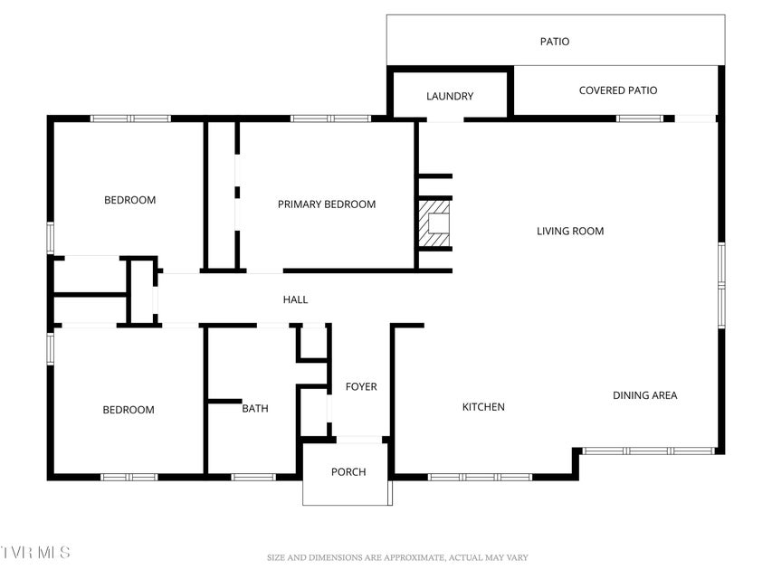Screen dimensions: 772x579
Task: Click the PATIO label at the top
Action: (x=555, y=42)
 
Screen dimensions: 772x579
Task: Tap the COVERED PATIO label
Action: (x=618, y=90)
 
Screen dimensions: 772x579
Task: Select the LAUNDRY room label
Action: (x=450, y=96)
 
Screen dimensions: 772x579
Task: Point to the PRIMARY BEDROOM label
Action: (x=327, y=204)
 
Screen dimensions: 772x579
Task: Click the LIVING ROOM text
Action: (x=570, y=231)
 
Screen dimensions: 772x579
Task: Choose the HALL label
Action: (x=295, y=299)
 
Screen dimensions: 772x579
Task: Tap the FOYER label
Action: (x=361, y=386)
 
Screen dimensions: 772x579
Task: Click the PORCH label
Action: (x=348, y=471)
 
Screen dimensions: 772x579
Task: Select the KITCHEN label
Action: (x=483, y=407)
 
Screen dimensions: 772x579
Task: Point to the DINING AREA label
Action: (x=645, y=394)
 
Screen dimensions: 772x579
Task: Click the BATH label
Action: (x=255, y=408)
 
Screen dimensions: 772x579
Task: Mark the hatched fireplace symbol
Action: (x=434, y=224)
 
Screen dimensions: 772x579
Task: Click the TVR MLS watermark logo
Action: (x=35, y=553)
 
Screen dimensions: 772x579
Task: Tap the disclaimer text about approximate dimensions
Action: (x=397, y=558)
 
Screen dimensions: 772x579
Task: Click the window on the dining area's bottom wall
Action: (x=648, y=451)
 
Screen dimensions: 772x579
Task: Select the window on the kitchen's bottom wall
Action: (x=480, y=477)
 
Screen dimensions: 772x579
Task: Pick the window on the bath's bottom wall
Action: (x=253, y=477)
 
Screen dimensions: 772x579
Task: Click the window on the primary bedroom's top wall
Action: (x=330, y=119)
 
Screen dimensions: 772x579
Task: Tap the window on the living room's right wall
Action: (x=721, y=285)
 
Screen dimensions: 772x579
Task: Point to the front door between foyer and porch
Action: (x=359, y=439)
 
